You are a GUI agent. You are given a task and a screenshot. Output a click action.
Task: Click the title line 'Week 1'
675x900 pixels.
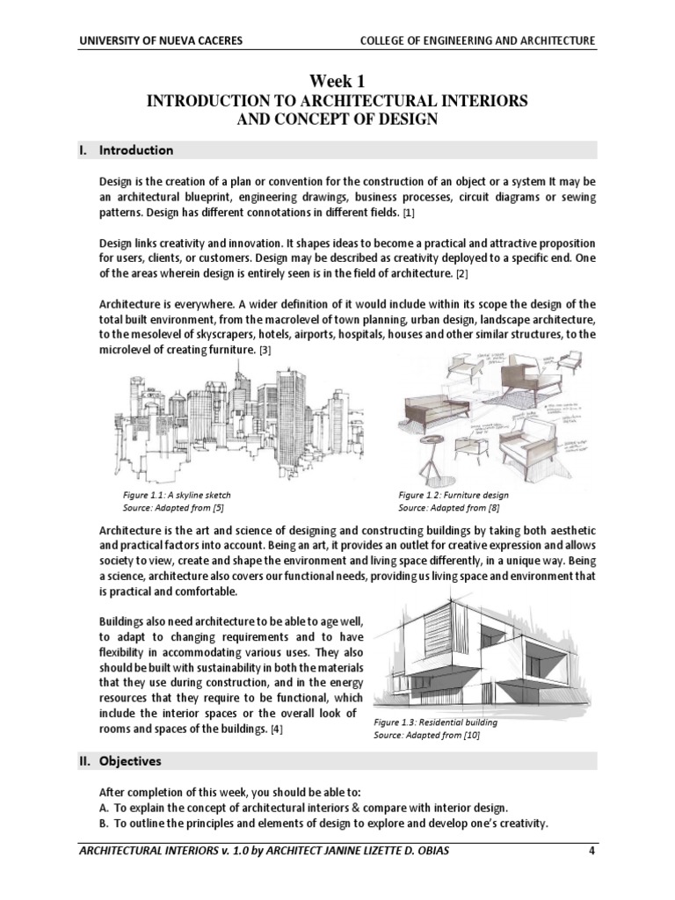[337, 82]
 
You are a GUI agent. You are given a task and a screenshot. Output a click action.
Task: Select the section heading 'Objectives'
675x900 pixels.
[130, 760]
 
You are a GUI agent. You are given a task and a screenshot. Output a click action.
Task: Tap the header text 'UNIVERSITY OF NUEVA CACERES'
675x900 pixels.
[162, 41]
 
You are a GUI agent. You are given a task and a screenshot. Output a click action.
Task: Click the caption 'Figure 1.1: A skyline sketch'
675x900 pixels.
[177, 496]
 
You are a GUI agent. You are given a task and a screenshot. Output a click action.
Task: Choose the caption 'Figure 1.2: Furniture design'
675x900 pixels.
[454, 496]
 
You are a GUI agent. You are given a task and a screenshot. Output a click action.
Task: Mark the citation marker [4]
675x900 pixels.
[277, 730]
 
